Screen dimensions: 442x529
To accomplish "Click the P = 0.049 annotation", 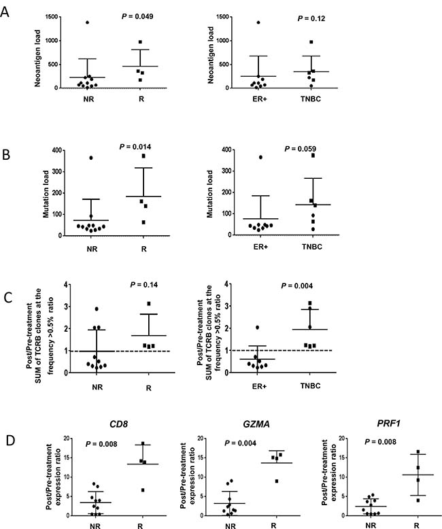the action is pos(137,16).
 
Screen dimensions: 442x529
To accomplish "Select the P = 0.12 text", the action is pos(311,18).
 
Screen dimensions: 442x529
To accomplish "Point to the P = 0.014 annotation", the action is pos(135,146).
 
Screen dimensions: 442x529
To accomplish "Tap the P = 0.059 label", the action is pos(301,148).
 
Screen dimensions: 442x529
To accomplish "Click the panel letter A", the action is pos(4,12).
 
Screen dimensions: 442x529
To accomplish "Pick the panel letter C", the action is pos(7,298).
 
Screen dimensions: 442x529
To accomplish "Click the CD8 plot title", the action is pos(119,424).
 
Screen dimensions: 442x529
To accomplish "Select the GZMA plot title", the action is pos(256,424).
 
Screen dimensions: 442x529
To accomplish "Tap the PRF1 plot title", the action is pos(389,423).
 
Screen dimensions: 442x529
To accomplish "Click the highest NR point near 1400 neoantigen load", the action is pos(88,22).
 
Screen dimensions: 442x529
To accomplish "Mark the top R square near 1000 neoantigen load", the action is pos(140,42).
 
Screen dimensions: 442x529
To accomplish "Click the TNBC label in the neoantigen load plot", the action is pos(311,99).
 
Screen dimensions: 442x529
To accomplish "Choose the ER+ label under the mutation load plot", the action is pos(260,247).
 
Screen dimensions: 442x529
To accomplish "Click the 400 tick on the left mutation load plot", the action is pos(57,150).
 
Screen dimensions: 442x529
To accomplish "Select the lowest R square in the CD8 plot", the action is pos(143,490).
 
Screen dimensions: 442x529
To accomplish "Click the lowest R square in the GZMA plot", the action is pos(277,481).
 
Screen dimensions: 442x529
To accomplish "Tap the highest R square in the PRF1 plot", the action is pos(418,451).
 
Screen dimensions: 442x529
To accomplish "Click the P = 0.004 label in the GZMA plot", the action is pos(240,443).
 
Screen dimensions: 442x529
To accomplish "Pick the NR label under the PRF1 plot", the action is pos(371,526).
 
